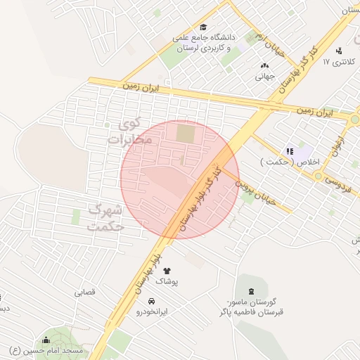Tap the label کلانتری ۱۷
pos(336,62)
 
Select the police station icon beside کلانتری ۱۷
pos(340,51)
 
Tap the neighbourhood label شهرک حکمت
pos(106,218)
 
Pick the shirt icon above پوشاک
pos(167,270)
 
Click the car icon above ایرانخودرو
pos(152,300)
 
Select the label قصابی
pos(84,291)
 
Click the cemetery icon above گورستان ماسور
pos(250,290)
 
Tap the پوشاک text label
pos(167,281)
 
